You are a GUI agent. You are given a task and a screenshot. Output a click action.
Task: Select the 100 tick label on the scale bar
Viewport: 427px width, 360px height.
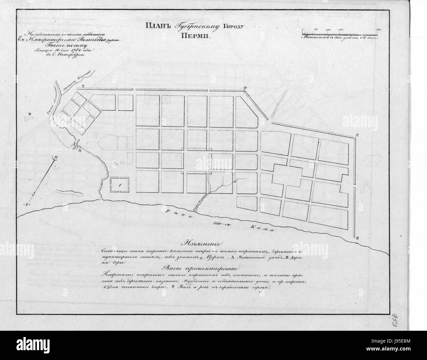(x=328, y=30)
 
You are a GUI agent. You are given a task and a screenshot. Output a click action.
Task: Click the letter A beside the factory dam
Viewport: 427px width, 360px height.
(x=79, y=150)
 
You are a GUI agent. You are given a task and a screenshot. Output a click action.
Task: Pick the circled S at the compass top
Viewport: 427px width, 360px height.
(x=56, y=157)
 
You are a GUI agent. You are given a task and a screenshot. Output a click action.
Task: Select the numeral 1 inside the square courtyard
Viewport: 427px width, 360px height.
(x=120, y=185)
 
